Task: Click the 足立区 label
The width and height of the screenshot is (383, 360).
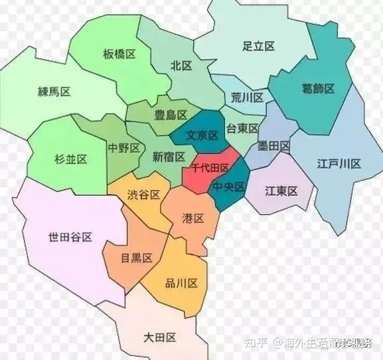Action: [258, 46]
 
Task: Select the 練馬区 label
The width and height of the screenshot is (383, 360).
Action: [54, 92]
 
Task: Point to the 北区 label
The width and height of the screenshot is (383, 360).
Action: [181, 66]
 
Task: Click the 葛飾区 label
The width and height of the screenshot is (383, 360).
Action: [317, 88]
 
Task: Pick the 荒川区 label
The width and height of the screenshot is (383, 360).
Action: [247, 98]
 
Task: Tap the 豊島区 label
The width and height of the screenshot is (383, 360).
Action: [170, 115]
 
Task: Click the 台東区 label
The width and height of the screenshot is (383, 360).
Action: [242, 128]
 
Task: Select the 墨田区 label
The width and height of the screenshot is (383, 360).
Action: [273, 145]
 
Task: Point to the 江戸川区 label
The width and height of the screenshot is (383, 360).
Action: [339, 163]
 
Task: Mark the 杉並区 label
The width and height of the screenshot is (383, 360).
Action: [71, 159]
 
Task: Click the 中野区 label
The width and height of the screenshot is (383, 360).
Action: [123, 148]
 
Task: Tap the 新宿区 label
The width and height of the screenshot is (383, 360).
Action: [169, 157]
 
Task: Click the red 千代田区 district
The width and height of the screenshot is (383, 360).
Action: [210, 169]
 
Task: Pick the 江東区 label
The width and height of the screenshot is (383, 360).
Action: [280, 191]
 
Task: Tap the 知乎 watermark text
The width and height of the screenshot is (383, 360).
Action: [257, 343]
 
